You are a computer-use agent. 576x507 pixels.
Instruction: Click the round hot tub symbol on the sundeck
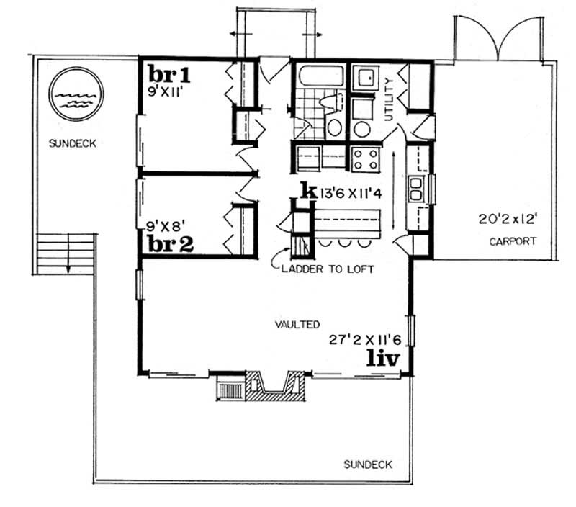76,94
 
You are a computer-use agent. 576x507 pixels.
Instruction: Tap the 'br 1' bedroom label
168,74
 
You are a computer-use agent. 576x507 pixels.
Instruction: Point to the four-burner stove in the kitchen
365,158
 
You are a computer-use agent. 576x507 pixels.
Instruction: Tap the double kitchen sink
416,189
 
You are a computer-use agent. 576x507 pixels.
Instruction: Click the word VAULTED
297,326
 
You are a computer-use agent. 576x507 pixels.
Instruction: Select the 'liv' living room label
381,356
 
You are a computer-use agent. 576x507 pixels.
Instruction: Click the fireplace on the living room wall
272,386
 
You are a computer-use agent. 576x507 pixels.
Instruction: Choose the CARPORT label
512,241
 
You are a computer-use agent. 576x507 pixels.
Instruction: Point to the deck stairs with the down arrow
66,253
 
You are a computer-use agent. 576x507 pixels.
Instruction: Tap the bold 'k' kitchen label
307,191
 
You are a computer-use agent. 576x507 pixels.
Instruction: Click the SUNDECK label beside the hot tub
73,143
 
